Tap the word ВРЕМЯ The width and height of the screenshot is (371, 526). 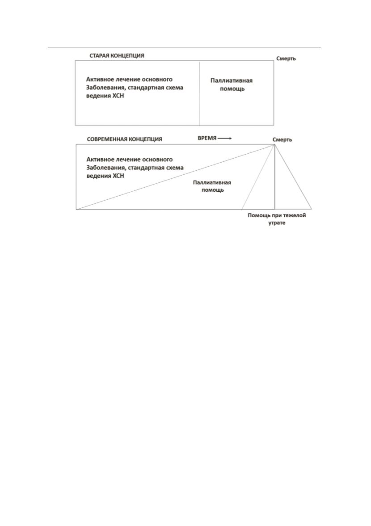tap(207, 138)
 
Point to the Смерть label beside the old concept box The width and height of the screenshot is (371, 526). tap(286, 59)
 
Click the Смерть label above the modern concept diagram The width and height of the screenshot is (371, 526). tap(282, 140)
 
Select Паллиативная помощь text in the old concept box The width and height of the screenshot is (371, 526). tap(232, 84)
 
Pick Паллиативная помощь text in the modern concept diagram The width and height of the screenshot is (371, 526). tap(212, 186)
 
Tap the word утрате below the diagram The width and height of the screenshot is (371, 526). tap(277, 223)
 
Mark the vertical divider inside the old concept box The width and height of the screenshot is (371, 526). tap(200, 93)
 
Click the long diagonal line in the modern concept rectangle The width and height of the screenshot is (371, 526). tap(175, 177)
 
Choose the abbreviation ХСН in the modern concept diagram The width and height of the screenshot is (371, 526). tap(118, 176)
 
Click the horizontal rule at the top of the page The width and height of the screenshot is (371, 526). tap(185, 48)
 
